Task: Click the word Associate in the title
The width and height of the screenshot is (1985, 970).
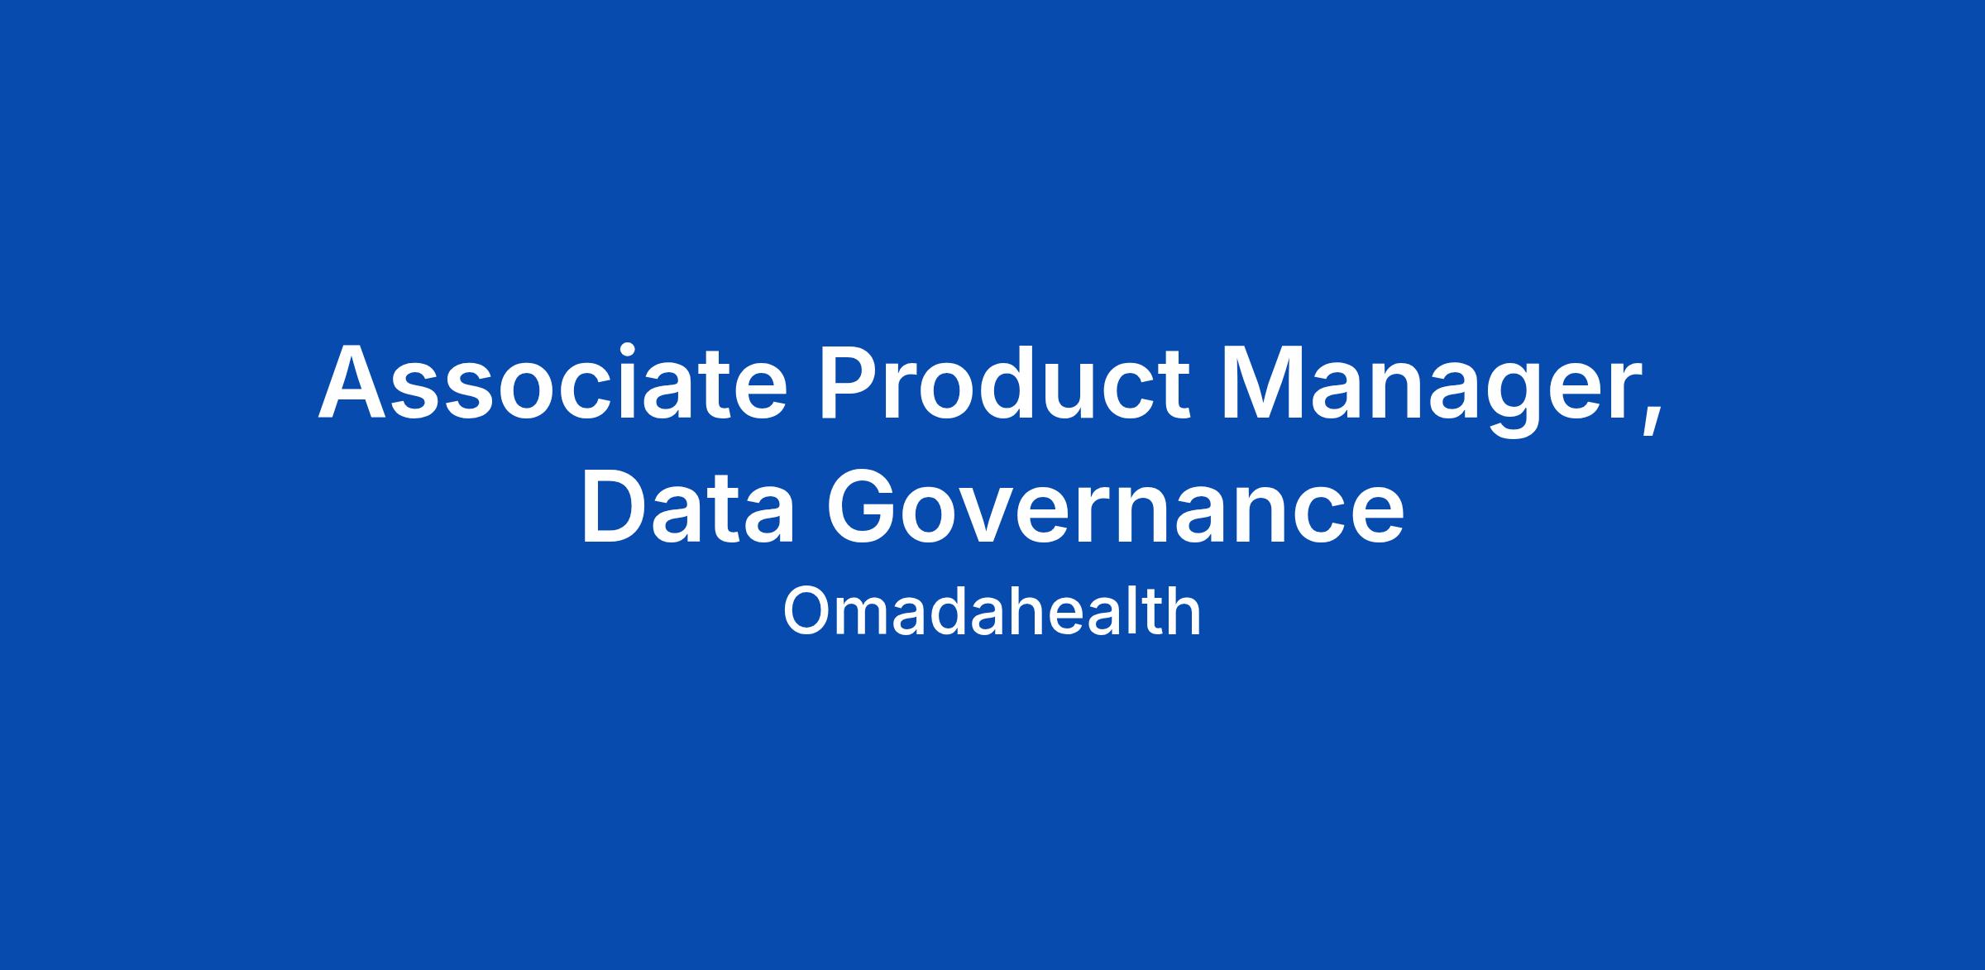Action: (x=552, y=382)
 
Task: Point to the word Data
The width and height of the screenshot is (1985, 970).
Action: (x=688, y=505)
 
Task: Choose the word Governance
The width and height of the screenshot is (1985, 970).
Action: (x=1116, y=505)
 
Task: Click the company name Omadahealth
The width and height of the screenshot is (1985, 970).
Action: (x=992, y=612)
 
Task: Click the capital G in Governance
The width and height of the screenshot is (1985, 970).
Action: (x=863, y=506)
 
